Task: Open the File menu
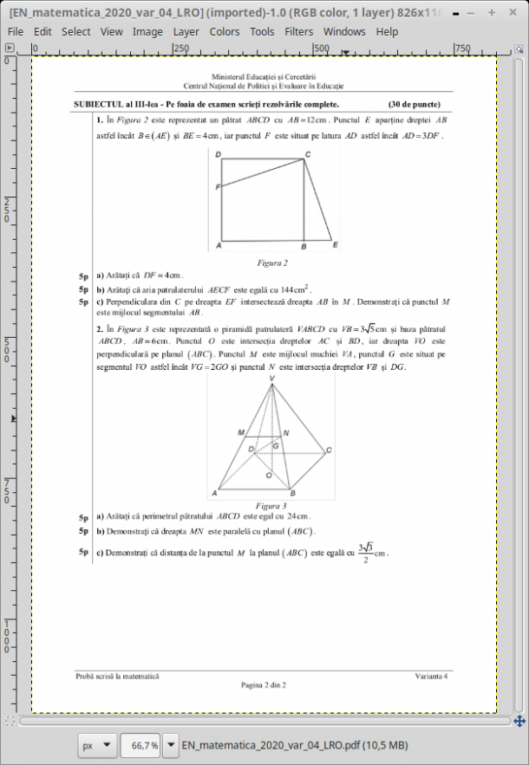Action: (x=15, y=31)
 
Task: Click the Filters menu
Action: (x=299, y=31)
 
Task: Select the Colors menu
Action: (x=225, y=31)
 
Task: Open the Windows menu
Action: (x=344, y=31)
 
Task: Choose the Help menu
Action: (x=387, y=31)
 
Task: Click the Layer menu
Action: (x=186, y=31)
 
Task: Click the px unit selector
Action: (x=96, y=745)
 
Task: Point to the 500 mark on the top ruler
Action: (x=321, y=49)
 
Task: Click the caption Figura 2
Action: (x=272, y=261)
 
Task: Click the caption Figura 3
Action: (x=272, y=505)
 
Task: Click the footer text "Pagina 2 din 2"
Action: (x=264, y=684)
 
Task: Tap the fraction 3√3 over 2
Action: (x=365, y=553)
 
